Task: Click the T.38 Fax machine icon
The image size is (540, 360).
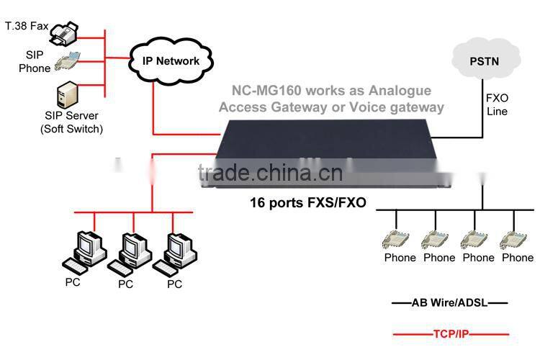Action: click(x=74, y=30)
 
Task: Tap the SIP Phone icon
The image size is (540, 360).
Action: click(x=72, y=60)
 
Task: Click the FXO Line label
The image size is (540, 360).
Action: click(x=496, y=105)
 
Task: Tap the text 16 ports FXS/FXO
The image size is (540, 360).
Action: click(x=307, y=203)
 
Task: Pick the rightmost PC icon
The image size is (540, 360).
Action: click(x=174, y=250)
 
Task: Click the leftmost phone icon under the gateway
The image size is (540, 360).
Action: click(x=398, y=237)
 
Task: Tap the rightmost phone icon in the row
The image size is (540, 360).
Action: click(x=516, y=237)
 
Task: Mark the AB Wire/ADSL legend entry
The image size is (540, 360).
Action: click(x=450, y=303)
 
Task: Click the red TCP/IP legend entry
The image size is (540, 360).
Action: click(x=450, y=334)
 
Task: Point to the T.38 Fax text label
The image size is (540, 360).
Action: click(x=27, y=27)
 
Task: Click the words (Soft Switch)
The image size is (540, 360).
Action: click(x=71, y=129)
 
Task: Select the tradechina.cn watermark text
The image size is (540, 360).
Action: click(x=270, y=173)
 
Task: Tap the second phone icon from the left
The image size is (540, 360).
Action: click(x=438, y=237)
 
